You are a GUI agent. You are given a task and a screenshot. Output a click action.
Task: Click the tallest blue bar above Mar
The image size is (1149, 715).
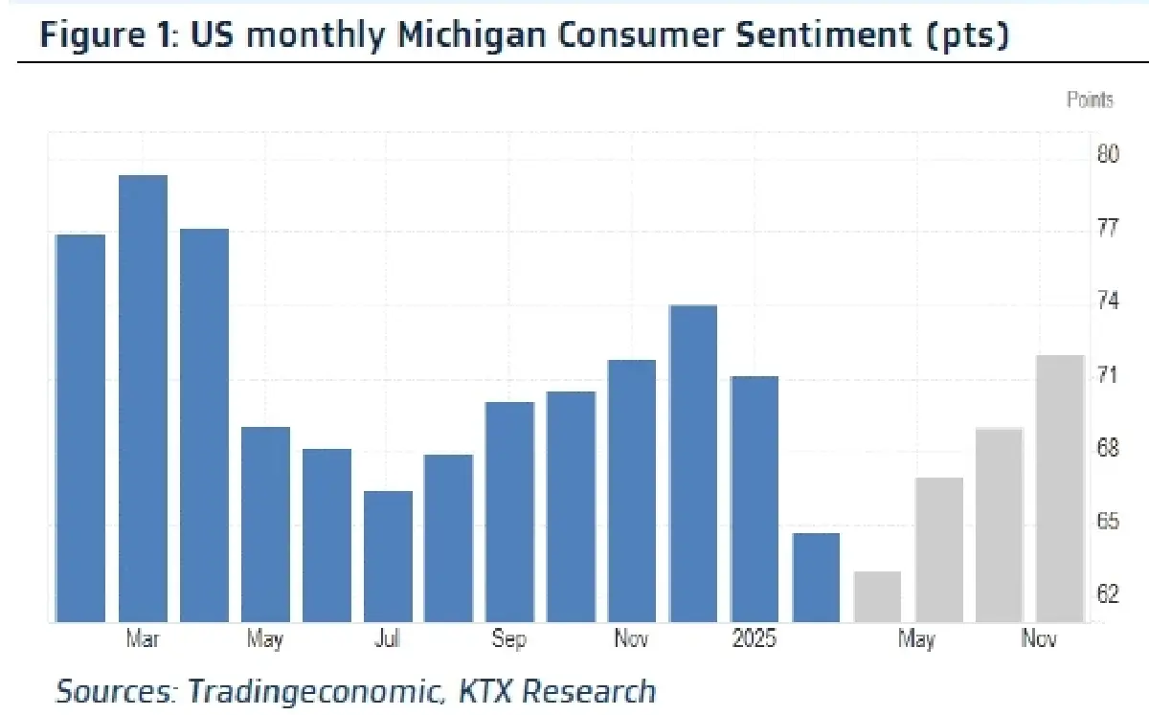(x=143, y=398)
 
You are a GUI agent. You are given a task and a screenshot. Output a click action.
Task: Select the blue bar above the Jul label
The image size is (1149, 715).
(x=388, y=556)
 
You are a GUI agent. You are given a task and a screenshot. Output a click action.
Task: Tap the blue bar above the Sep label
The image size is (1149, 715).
(x=510, y=512)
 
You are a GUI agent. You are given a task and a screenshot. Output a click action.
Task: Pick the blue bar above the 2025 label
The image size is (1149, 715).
(x=755, y=499)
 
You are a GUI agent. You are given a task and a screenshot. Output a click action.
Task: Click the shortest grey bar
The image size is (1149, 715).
(x=877, y=596)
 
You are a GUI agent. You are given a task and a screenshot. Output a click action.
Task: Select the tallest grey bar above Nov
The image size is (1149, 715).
(x=1060, y=488)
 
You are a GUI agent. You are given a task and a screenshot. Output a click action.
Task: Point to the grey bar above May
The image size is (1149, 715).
(x=938, y=549)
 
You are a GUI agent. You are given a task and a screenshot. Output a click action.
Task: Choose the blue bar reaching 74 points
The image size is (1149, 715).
(x=693, y=463)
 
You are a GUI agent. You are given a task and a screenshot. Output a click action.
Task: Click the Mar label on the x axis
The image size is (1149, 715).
(x=143, y=639)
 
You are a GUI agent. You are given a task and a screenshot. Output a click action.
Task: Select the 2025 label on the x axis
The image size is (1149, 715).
(x=755, y=639)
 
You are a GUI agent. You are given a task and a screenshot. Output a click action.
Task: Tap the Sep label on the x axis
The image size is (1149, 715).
(x=508, y=639)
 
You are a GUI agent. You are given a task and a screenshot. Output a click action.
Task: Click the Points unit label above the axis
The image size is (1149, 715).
(x=1091, y=100)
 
